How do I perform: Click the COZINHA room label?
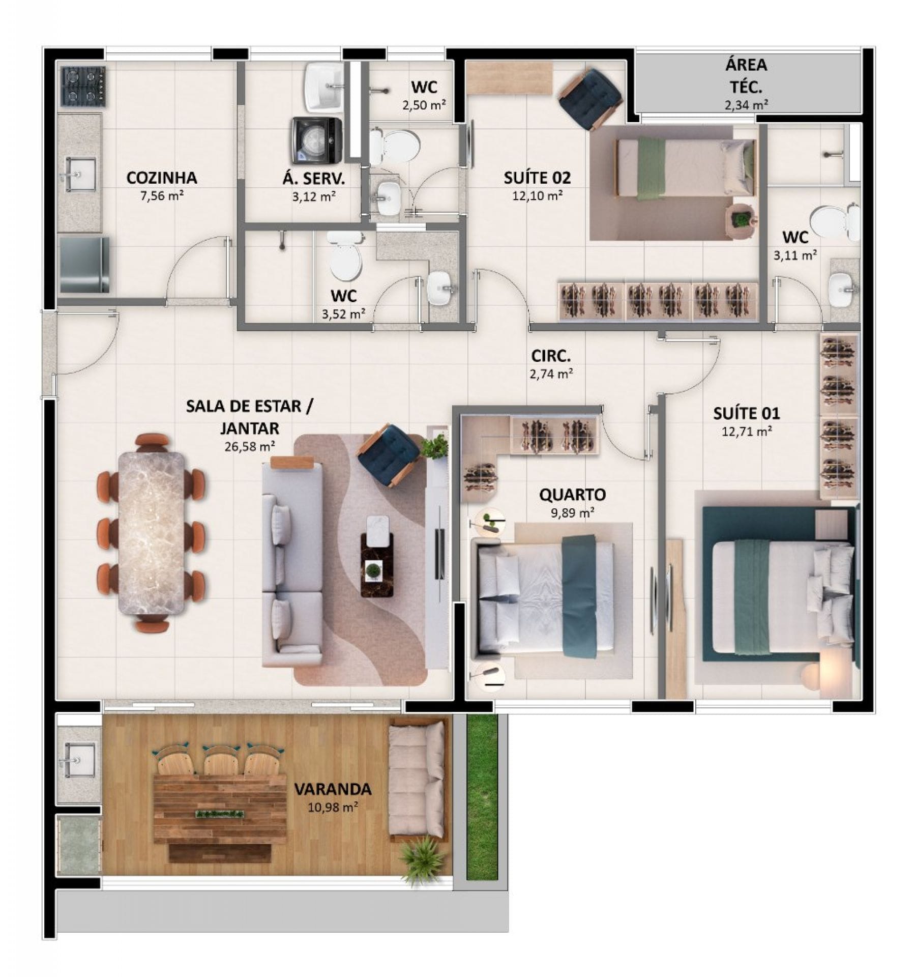pyautogui.click(x=162, y=178)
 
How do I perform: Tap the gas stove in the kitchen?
pyautogui.click(x=83, y=87)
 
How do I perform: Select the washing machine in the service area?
pyautogui.click(x=316, y=140)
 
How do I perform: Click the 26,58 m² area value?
pyautogui.click(x=250, y=446)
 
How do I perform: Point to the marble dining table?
pyautogui.click(x=152, y=533)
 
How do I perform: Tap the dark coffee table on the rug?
pyautogui.click(x=377, y=564)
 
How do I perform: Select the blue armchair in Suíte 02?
pyautogui.click(x=591, y=99)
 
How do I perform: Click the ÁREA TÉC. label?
pyautogui.click(x=746, y=76)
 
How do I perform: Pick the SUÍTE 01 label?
pyautogui.click(x=746, y=413)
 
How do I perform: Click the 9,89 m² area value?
pyautogui.click(x=572, y=512)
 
